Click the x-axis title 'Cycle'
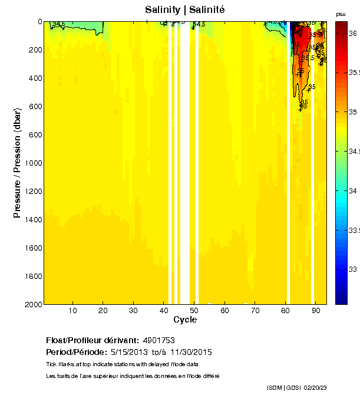(x=185, y=320)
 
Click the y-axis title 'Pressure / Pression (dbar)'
(x=17, y=163)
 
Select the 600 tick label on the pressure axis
(x=34, y=106)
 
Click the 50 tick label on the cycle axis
(x=194, y=310)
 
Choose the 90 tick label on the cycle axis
(x=316, y=310)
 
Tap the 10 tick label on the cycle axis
(x=73, y=310)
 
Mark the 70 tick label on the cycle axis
(x=255, y=310)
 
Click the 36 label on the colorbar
(x=354, y=34)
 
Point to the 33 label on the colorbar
(x=354, y=269)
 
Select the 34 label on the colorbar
(x=354, y=191)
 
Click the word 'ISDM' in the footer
(x=275, y=387)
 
